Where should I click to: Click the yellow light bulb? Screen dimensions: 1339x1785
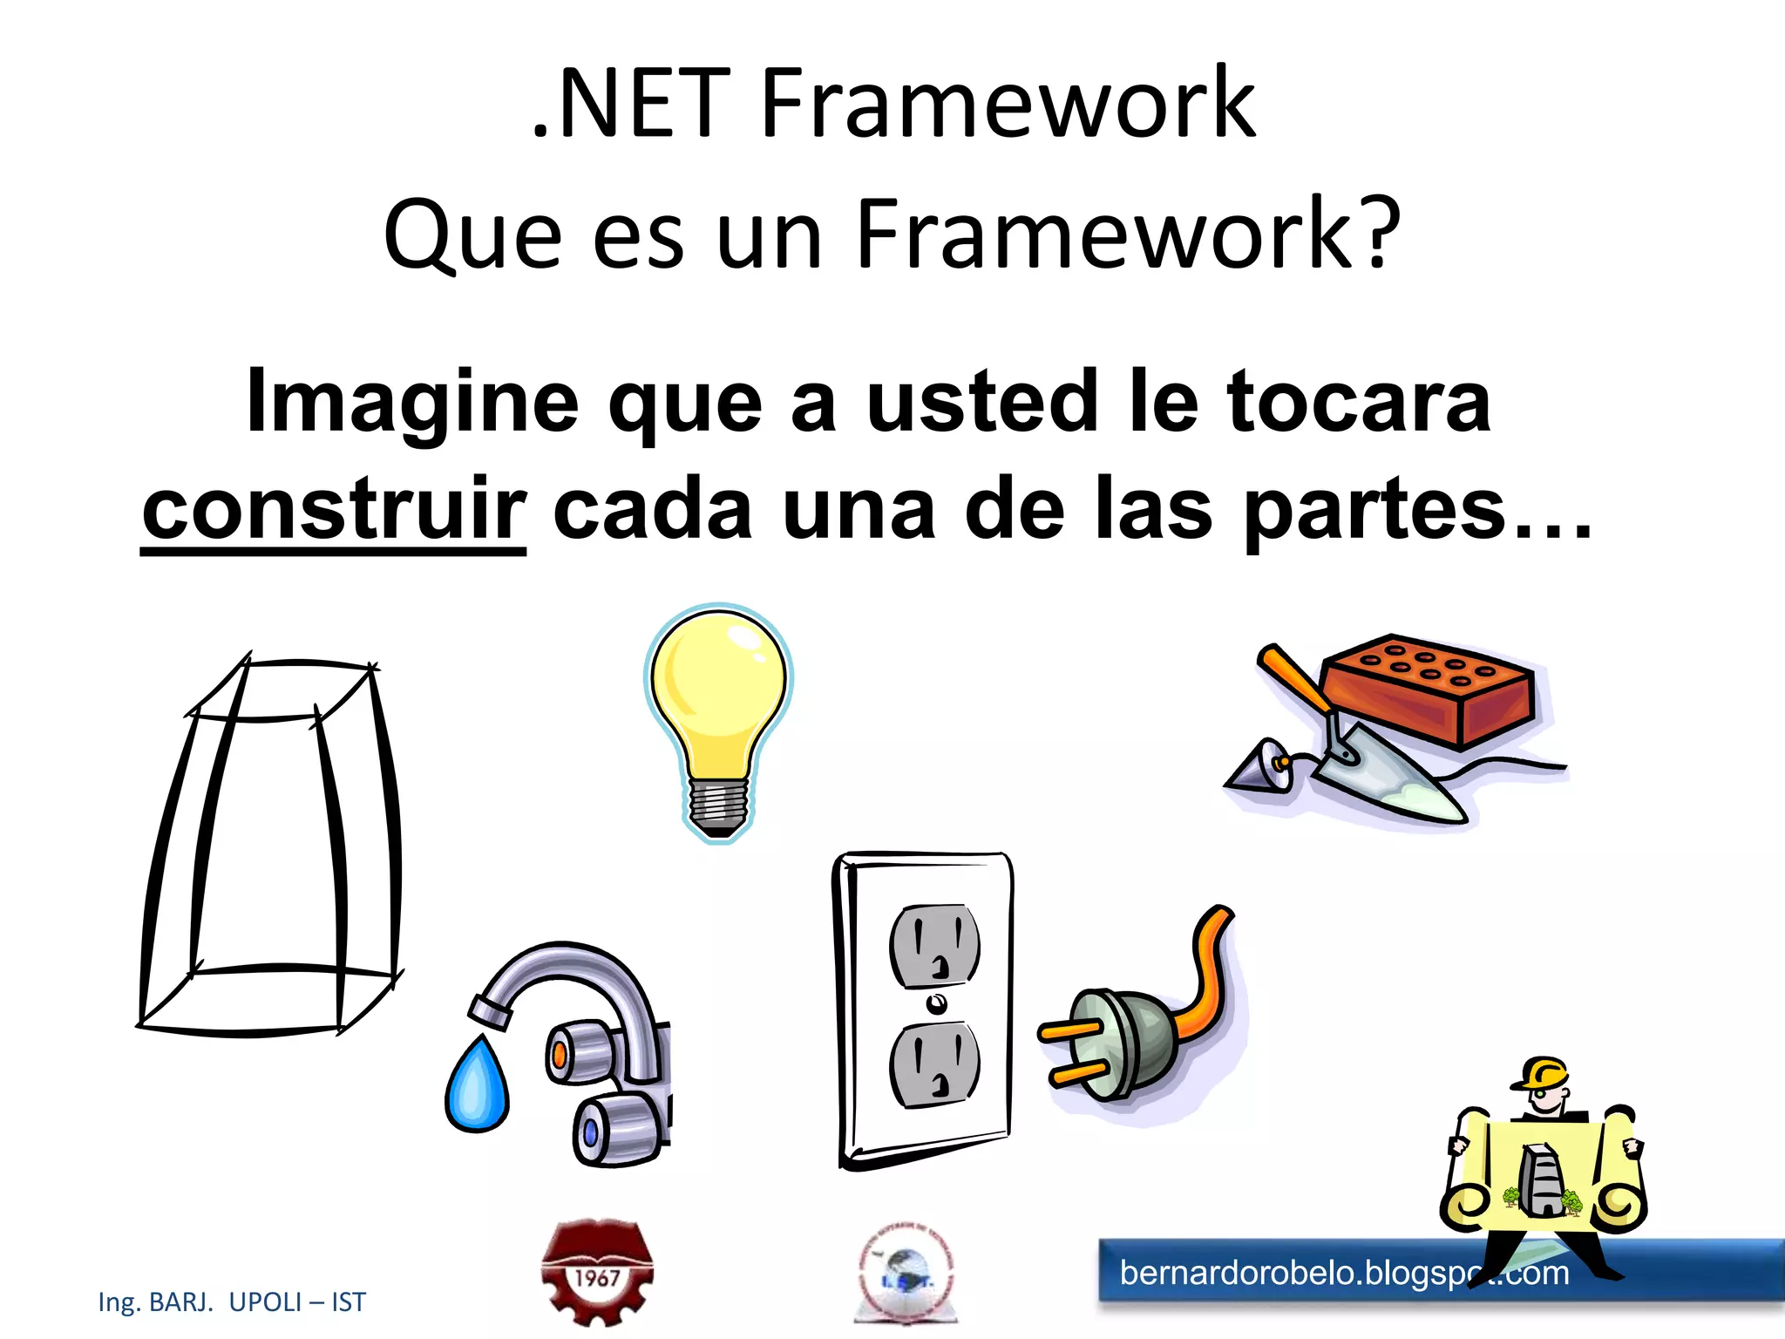717,689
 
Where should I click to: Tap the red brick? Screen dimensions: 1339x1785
1429,693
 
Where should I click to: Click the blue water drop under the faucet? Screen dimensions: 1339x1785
477,1085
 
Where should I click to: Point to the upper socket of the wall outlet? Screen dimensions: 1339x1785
934,946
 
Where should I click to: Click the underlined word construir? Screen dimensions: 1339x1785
334,510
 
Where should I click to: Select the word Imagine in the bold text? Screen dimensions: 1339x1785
412,401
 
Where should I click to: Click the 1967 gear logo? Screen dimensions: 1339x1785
597,1273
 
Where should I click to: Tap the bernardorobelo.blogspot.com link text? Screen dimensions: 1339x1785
1343,1274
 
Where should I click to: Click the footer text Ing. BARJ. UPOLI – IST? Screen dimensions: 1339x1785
232,1302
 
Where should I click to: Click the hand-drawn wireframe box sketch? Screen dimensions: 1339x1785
270,846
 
